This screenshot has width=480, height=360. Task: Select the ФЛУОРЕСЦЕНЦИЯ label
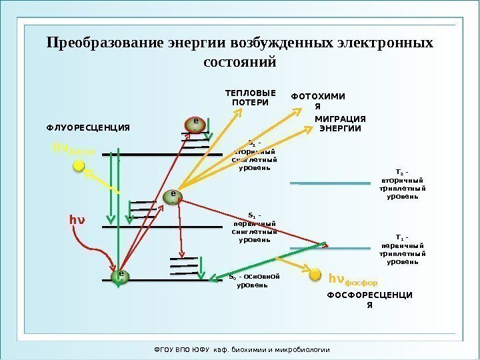pos(87,127)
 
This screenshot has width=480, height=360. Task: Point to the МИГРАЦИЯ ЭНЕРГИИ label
pos(340,123)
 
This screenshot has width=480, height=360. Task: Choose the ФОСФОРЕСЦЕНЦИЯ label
pos(370,300)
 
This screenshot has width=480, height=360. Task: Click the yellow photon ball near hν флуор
pos(79,165)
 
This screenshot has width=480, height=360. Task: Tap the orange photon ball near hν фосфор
pos(315,273)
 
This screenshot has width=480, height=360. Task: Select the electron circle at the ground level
pos(121,277)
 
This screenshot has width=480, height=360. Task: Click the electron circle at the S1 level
pos(173,197)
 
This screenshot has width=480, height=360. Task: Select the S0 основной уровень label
pos(253,281)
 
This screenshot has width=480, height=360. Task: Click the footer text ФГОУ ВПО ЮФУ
pos(175,349)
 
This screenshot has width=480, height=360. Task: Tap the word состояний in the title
pos(239,63)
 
